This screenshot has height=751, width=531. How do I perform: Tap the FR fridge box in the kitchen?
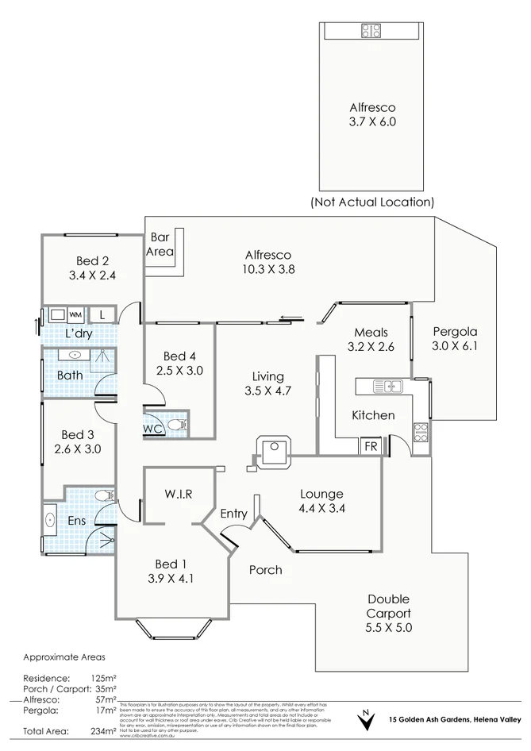tap(371, 446)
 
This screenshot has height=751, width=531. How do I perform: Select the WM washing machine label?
tap(77, 314)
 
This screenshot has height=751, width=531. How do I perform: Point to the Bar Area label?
tap(159, 244)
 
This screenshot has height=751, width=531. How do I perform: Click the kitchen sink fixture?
tap(391, 387)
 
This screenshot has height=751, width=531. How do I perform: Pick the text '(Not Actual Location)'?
tap(371, 202)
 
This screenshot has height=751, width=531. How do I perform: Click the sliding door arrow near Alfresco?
tap(291, 320)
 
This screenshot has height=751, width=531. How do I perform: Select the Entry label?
tap(233, 514)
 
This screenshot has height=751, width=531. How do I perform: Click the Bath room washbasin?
tap(74, 355)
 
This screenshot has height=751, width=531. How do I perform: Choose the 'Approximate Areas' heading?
tap(64, 657)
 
